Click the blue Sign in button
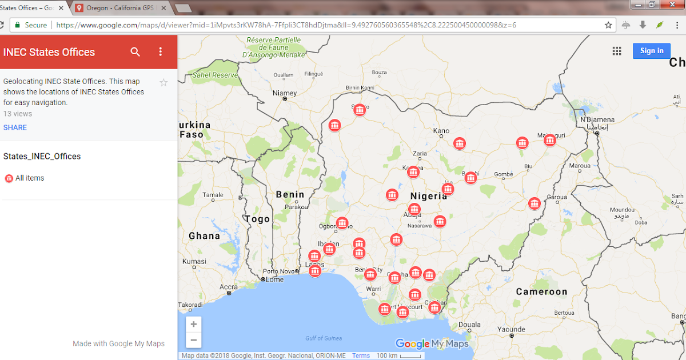(x=651, y=51)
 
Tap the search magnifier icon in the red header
(x=135, y=52)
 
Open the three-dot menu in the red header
(x=161, y=52)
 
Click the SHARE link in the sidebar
(x=15, y=127)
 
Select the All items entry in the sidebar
(x=29, y=178)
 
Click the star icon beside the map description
(x=163, y=83)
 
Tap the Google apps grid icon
(x=617, y=51)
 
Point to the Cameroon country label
(x=541, y=291)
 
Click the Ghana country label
(x=204, y=235)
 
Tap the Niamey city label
(x=285, y=93)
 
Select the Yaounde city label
(x=510, y=329)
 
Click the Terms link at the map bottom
(x=361, y=355)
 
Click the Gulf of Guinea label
(x=324, y=338)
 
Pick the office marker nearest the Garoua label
(x=535, y=203)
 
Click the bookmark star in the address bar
(x=609, y=25)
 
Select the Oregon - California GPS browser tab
(x=122, y=8)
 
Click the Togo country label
(x=257, y=219)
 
